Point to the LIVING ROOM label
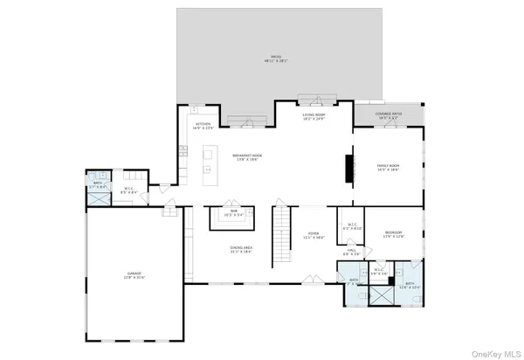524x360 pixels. tap(314, 117)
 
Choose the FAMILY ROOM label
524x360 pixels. tap(388, 167)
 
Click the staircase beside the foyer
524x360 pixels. tap(280, 239)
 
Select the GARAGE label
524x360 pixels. tap(134, 275)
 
